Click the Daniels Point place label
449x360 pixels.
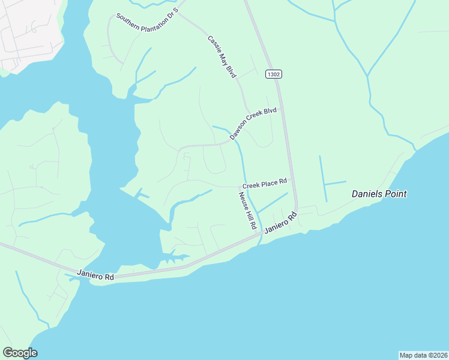(379, 194)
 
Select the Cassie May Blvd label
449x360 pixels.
(222, 56)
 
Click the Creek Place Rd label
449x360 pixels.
(265, 182)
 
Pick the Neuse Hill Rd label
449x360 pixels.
(248, 211)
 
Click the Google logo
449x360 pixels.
(20, 353)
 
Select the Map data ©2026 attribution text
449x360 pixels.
(423, 355)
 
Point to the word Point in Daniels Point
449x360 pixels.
(397, 194)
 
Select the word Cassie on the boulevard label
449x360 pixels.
(214, 44)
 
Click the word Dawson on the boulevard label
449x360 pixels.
(240, 132)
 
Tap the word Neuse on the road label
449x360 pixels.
(243, 200)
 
